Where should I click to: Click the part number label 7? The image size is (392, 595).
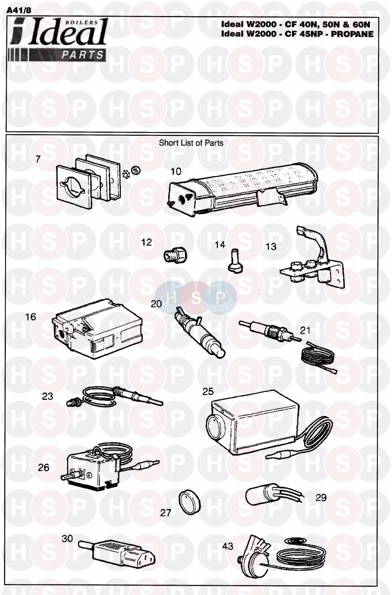point(38,159)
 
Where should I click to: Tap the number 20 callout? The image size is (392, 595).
point(156,304)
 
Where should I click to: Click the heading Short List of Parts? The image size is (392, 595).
point(191,143)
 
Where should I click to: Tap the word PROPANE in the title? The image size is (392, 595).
point(352,34)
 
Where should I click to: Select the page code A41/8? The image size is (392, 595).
point(18,10)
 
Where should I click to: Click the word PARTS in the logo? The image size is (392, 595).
point(83,55)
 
